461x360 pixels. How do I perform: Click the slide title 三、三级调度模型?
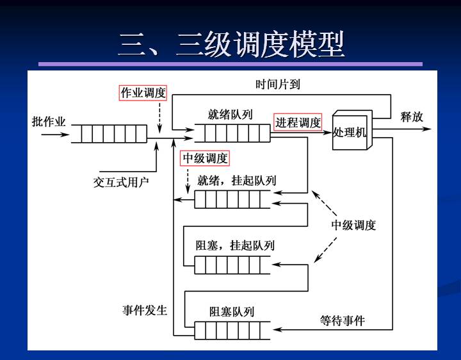[x=231, y=44]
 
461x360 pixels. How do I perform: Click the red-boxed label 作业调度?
[x=143, y=93]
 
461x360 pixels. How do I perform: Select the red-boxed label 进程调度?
[x=298, y=122]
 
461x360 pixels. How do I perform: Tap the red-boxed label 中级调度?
[x=205, y=158]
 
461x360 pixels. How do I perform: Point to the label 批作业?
[x=49, y=121]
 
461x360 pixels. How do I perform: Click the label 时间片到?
[x=277, y=84]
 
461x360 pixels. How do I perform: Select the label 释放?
[x=412, y=117]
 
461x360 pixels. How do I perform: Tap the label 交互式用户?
[x=121, y=182]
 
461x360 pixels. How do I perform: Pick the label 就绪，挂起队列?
[x=237, y=180]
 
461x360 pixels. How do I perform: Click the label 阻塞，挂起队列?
[x=235, y=245]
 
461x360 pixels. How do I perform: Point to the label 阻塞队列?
[x=232, y=311]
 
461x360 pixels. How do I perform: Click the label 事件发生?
[x=145, y=310]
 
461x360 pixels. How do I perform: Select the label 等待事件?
[x=343, y=320]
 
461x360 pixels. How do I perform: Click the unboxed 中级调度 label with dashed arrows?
[x=353, y=225]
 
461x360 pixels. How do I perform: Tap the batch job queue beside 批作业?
[x=108, y=134]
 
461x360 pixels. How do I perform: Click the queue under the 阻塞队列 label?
[x=232, y=331]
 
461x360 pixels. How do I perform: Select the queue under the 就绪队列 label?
[x=232, y=133]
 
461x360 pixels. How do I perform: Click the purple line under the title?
[x=230, y=64]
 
